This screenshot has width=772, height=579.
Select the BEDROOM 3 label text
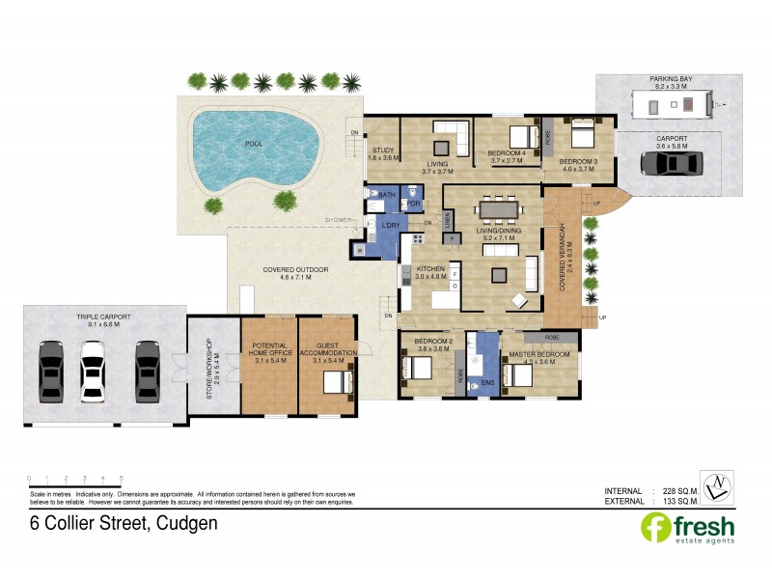[x=579, y=160]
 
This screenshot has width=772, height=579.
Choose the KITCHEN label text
[x=430, y=267]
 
